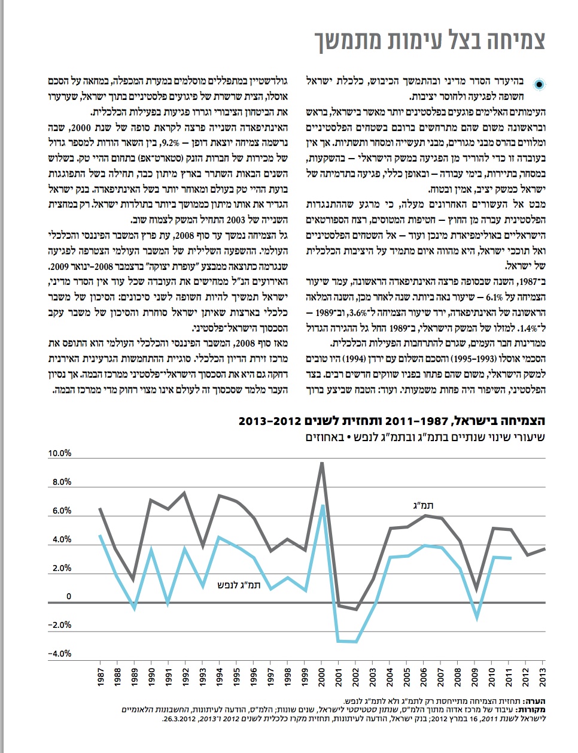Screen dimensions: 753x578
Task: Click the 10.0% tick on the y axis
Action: click(60, 454)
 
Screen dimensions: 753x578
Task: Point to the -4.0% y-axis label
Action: click(60, 654)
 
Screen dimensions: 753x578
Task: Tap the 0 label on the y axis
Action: click(69, 597)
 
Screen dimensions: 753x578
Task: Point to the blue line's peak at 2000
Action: click(322, 506)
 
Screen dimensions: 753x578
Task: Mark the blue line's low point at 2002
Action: click(356, 642)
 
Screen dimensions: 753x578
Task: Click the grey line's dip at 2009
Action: click(476, 590)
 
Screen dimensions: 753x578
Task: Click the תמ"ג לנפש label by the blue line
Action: click(240, 585)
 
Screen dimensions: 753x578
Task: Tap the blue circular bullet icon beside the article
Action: click(540, 84)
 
